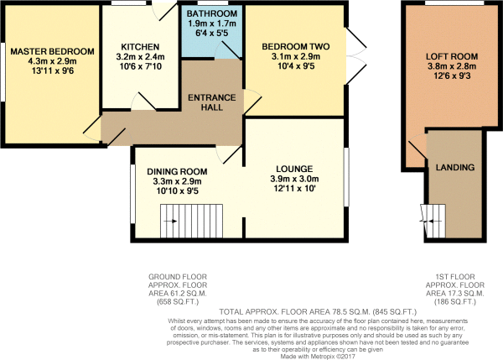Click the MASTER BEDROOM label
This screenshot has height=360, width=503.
click(52, 51)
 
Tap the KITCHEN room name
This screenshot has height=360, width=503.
click(140, 47)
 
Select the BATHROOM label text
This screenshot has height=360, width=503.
click(212, 13)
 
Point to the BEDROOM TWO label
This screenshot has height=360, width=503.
click(295, 46)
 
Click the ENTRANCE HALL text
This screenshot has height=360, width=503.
click(212, 102)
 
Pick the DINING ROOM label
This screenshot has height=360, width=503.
click(177, 171)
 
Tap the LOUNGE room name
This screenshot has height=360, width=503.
click(294, 169)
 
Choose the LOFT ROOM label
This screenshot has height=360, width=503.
click(452, 56)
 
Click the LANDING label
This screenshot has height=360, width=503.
click(455, 167)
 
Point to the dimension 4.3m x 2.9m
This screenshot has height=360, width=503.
click(52, 61)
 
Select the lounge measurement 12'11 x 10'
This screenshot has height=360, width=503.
click(294, 188)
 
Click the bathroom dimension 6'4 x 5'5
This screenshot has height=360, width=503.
click(212, 33)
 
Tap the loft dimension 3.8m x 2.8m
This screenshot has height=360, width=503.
click(452, 66)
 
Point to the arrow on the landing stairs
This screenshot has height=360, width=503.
click(429, 222)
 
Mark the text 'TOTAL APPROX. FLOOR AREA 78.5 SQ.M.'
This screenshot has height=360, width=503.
click(295, 311)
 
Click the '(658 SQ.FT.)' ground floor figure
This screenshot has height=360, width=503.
click(178, 302)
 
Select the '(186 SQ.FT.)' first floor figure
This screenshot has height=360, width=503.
click(455, 302)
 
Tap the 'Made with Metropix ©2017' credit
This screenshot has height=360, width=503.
click(318, 357)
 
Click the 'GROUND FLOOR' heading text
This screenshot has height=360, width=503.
click(178, 276)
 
